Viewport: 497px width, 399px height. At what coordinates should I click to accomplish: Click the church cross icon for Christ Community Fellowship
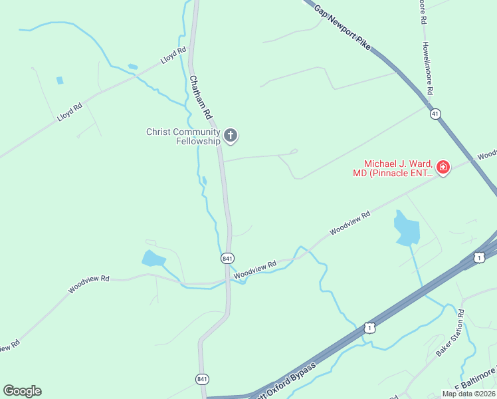tap(231, 136)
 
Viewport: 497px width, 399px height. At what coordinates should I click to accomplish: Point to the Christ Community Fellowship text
tap(183, 136)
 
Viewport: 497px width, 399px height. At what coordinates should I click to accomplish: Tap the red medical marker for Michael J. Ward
tap(443, 168)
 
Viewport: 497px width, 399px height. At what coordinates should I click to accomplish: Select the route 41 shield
tap(435, 114)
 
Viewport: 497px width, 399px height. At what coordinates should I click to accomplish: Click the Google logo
tap(22, 391)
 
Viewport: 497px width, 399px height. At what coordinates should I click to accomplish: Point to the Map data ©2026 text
tap(468, 394)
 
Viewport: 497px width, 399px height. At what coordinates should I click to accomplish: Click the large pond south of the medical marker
tap(407, 228)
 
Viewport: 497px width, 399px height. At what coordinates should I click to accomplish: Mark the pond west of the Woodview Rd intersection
tap(153, 259)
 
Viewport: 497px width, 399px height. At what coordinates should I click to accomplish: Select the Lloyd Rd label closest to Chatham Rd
tap(172, 56)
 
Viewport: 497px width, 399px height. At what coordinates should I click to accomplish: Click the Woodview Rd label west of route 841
tap(88, 285)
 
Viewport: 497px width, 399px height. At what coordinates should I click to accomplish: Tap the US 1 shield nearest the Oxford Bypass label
tap(369, 328)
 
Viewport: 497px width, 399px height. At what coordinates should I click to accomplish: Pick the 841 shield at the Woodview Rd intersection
tap(227, 257)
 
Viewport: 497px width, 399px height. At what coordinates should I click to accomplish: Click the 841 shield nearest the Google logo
tap(203, 379)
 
